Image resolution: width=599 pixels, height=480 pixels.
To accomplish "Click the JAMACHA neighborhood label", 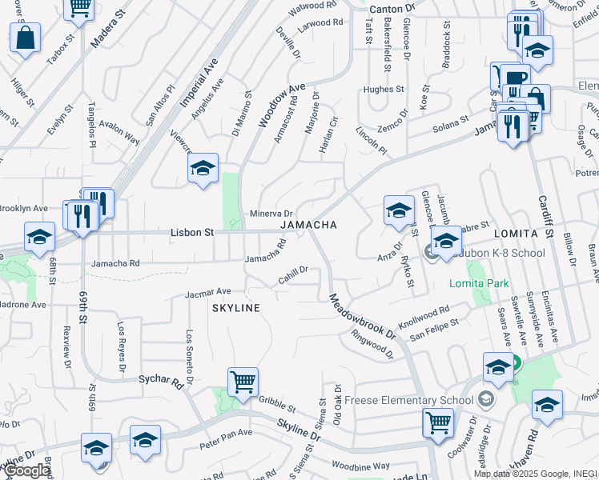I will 308,225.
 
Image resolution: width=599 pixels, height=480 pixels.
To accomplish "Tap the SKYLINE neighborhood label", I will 235,308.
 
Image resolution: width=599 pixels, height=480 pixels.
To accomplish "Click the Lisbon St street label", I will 192,233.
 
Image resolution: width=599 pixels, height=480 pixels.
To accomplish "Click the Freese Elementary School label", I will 405,400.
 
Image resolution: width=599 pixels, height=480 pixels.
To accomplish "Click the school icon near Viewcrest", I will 203,169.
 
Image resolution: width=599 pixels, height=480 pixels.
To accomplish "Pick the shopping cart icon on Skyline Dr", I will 437,422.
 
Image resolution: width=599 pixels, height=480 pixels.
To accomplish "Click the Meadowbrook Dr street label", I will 361,317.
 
